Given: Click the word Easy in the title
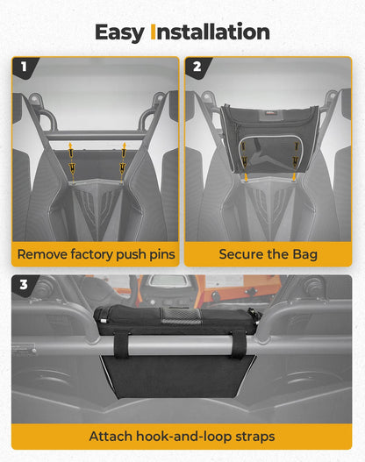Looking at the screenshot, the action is (x=119, y=33).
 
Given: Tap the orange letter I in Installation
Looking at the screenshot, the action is (x=153, y=32).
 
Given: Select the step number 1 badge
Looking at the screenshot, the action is (x=25, y=67).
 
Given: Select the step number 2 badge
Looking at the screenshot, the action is (x=197, y=67).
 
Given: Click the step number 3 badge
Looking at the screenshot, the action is (x=24, y=285).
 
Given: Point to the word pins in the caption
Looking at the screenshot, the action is (x=162, y=255).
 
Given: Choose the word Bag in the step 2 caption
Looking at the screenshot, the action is (x=304, y=255).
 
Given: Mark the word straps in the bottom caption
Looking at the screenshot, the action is (x=255, y=437).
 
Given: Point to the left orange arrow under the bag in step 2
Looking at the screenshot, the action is (x=246, y=177).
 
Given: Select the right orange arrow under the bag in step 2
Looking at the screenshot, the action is (x=294, y=177).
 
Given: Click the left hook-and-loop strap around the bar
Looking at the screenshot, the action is (x=121, y=344).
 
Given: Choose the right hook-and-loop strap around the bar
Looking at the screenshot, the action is (x=238, y=344).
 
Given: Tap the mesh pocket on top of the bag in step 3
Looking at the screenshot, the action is (x=181, y=316).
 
